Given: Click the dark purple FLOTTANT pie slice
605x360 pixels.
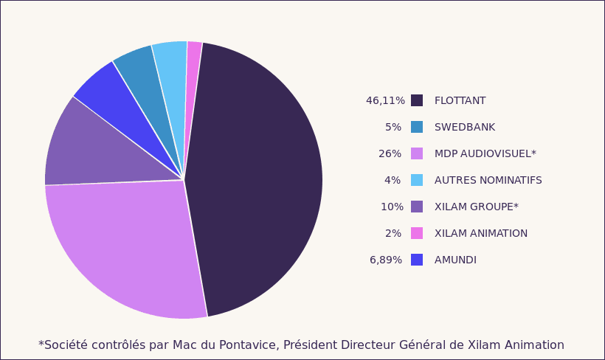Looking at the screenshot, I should point(258,177).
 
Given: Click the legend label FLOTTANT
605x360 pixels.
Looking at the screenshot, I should point(460,101).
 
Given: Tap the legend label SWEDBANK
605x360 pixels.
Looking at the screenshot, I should point(464,128).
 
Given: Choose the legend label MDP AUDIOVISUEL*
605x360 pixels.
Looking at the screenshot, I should point(485,154).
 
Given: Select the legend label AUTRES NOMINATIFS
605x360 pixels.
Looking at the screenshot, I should point(488,181).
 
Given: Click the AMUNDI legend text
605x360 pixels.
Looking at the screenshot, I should point(455,260).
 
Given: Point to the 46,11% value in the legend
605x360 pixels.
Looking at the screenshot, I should point(385,101).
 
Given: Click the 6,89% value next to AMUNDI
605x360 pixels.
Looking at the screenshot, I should point(386,260).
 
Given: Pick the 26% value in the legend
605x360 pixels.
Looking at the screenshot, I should point(390,154).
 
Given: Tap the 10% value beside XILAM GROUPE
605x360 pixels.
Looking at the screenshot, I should point(392,207).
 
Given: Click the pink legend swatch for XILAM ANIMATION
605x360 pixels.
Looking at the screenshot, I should point(417,234).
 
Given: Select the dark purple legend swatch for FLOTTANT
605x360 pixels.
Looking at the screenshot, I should point(417,101).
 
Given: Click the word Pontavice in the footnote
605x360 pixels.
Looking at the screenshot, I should point(250,345).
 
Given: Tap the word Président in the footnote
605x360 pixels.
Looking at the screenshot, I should point(309,345).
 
